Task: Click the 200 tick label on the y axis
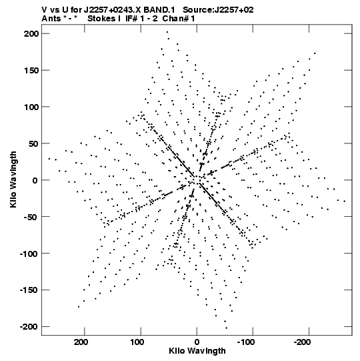click(31, 34)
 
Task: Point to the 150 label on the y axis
click(31, 71)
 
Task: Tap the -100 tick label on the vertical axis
click(29, 254)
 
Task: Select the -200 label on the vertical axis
click(29, 327)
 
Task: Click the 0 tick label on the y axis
click(35, 180)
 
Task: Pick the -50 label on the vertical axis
click(31, 217)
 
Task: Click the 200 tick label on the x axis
click(81, 342)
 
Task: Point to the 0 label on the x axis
click(197, 342)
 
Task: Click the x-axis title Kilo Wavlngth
click(197, 351)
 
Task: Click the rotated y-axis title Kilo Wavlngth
click(13, 179)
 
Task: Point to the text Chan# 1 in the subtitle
click(179, 19)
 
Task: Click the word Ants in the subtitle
click(51, 19)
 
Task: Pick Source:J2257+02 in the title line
click(218, 10)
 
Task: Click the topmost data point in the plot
click(167, 32)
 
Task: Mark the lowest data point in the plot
click(227, 328)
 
